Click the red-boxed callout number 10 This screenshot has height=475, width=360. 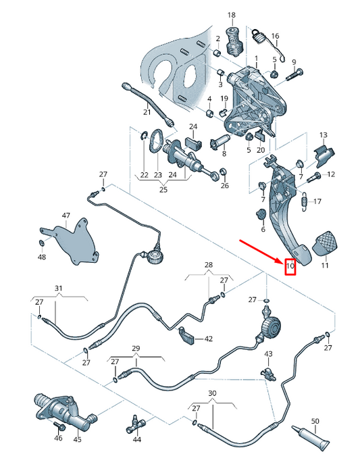click(290, 266)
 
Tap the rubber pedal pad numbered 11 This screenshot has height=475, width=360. click(325, 243)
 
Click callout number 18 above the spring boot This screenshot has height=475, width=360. click(231, 15)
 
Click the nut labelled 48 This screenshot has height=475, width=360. click(41, 243)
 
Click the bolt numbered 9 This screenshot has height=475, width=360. click(294, 74)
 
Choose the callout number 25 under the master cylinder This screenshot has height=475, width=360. click(163, 190)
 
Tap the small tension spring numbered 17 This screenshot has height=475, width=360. click(305, 201)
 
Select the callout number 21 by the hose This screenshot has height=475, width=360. click(147, 112)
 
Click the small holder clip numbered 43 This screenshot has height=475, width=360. click(268, 374)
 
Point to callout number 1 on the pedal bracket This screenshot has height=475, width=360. click(256, 58)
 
